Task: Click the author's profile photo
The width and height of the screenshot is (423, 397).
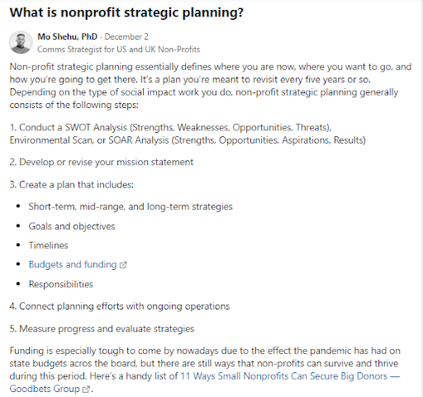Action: point(21,42)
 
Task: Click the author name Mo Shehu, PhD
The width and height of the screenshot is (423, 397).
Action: point(68,36)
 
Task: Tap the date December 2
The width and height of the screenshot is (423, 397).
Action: point(126,36)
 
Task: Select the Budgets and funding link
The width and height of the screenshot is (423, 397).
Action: point(73,264)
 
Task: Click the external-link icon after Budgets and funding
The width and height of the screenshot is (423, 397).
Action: point(123,265)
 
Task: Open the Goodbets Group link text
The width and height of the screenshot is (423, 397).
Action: point(45,389)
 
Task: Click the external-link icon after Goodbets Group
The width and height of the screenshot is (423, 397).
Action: point(86,390)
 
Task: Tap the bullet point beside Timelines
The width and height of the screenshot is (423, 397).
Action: point(18,245)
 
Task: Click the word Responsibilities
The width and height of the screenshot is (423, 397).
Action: point(61,284)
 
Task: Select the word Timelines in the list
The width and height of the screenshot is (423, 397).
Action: point(49,245)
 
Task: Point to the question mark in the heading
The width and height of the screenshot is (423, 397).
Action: point(240,12)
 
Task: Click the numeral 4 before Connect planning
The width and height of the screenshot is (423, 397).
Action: point(12,306)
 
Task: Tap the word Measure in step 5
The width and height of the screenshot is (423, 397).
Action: point(37,328)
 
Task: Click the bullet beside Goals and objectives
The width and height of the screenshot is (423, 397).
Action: point(18,226)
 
